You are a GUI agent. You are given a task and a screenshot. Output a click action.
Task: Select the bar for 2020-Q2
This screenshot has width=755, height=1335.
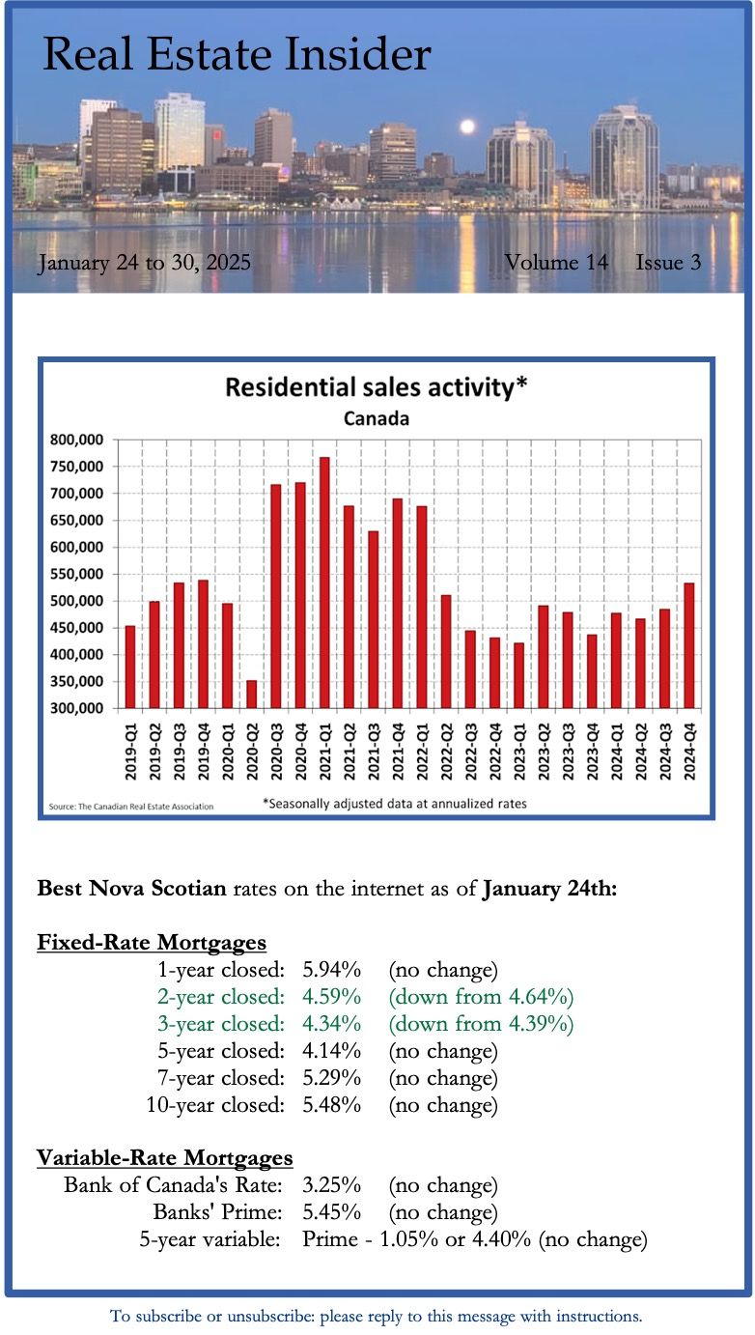click(251, 694)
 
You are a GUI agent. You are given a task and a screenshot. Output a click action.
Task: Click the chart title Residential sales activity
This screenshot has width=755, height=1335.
click(377, 388)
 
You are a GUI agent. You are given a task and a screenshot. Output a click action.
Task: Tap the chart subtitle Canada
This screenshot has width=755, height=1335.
click(377, 419)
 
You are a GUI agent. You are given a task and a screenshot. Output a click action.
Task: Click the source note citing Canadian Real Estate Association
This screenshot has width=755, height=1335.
click(131, 806)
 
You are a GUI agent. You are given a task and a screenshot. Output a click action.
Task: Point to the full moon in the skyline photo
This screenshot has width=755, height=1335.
click(467, 127)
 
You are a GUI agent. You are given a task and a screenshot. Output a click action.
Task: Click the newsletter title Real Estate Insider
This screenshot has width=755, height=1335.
click(237, 55)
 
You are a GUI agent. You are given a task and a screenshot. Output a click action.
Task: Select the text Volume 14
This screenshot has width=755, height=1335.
click(556, 262)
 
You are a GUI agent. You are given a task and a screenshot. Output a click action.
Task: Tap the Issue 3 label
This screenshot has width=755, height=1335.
click(668, 262)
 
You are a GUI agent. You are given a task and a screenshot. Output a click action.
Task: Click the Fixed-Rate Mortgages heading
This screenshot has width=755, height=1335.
click(152, 942)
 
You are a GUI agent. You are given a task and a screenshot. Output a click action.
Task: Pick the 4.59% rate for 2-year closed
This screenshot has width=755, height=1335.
click(331, 996)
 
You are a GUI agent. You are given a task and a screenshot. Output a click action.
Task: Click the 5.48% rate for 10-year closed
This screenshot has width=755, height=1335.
click(331, 1104)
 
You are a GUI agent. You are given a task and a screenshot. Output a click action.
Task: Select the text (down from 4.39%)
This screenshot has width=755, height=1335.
click(481, 1023)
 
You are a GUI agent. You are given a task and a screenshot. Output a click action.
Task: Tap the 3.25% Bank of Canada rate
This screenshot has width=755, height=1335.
click(331, 1184)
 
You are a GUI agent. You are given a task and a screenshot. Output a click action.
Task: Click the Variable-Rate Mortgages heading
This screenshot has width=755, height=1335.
click(164, 1157)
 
